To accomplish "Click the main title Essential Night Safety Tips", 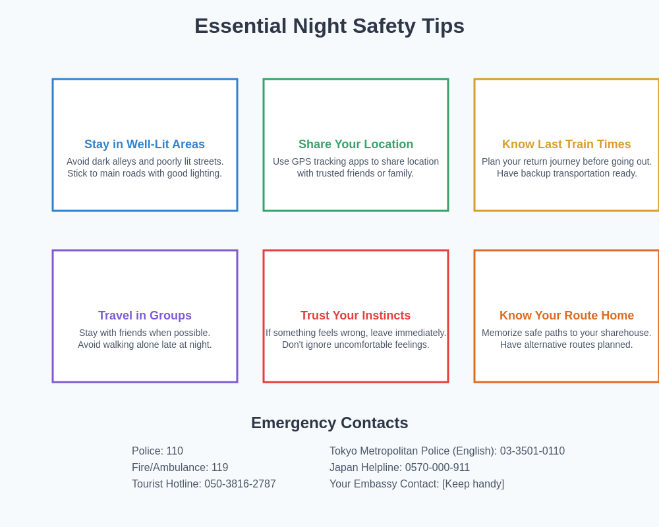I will [329, 26].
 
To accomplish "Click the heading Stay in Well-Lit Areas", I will [144, 144].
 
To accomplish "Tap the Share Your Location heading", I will [356, 144].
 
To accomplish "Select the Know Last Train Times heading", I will [567, 144].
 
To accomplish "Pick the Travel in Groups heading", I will [145, 316].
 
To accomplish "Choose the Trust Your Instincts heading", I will [356, 316].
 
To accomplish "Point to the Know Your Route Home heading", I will [567, 316].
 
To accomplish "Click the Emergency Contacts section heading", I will [329, 423].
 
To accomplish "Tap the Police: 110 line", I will [158, 451].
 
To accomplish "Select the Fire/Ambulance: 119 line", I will [180, 468].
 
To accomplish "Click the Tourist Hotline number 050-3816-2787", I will [240, 484].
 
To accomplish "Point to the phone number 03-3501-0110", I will [532, 451].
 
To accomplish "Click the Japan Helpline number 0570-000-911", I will [437, 468].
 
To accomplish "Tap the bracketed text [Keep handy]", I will [473, 484].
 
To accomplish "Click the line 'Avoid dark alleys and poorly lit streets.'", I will [145, 161].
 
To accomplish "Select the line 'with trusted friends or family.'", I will [356, 173].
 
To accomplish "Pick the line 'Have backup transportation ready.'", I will [567, 173].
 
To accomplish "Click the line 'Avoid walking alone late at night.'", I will [145, 345].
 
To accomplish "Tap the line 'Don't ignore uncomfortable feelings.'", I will [356, 345].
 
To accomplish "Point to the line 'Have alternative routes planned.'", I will [567, 345].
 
